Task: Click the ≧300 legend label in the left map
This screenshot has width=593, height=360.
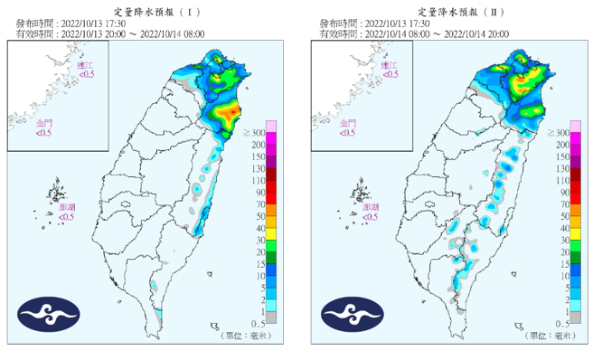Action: (255, 133)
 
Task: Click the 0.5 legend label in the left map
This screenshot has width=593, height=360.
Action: (257, 322)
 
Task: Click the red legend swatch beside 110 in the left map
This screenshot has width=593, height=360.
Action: (271, 180)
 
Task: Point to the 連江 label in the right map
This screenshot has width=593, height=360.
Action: (389, 66)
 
